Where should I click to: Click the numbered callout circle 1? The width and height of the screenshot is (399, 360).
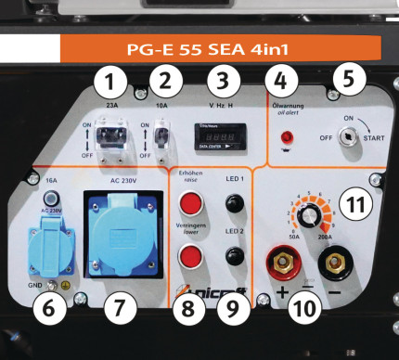point(112,83)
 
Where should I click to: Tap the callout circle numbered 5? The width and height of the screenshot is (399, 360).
point(347,78)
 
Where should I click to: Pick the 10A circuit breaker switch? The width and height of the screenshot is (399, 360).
point(164,137)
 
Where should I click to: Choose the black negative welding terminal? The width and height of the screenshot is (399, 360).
point(337,264)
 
